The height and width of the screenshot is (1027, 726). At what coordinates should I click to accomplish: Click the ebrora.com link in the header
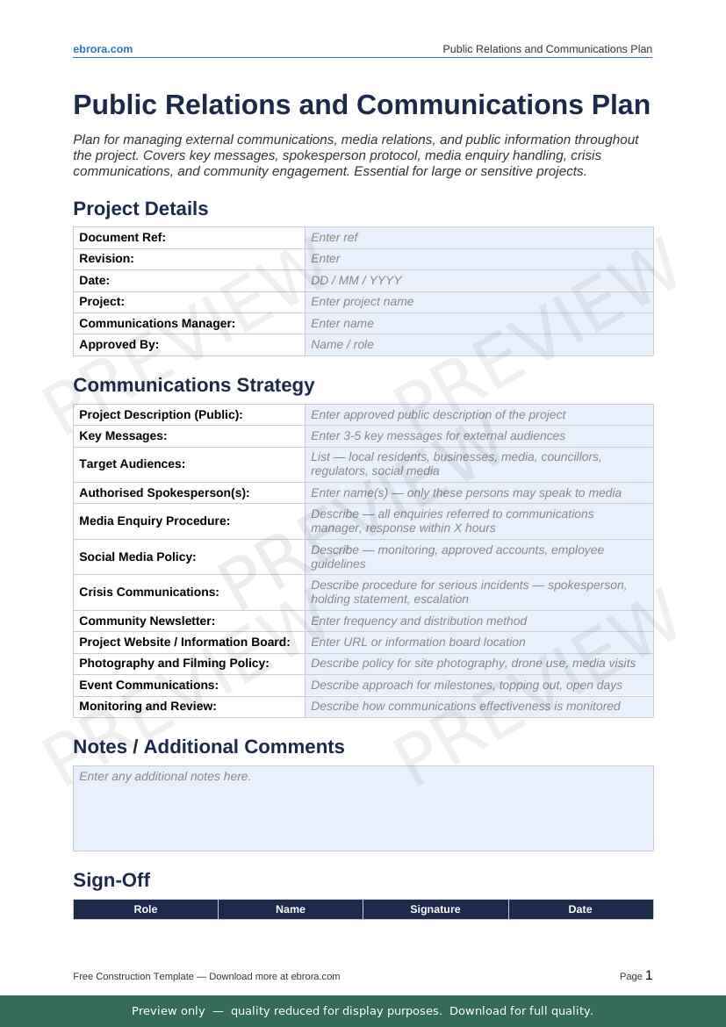tap(103, 49)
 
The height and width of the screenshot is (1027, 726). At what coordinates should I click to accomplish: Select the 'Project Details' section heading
tap(140, 209)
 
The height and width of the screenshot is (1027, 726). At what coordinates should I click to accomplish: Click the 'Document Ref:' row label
tap(122, 238)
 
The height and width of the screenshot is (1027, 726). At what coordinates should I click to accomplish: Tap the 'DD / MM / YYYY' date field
tap(356, 281)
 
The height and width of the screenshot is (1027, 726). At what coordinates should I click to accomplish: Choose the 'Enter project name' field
tap(362, 302)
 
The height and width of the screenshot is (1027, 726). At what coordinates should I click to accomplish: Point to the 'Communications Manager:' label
tap(157, 324)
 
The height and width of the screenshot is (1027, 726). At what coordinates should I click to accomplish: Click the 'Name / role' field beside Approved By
tap(342, 345)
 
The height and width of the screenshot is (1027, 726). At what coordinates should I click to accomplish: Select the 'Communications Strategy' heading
tap(193, 385)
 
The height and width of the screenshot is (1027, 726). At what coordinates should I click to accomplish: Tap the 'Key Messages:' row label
tap(123, 436)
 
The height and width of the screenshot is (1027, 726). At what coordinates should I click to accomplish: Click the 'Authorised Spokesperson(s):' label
tap(164, 493)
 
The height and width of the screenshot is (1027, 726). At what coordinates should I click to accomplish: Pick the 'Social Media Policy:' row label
tap(137, 557)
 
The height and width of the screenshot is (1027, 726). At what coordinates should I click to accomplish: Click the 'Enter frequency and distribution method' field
tap(419, 621)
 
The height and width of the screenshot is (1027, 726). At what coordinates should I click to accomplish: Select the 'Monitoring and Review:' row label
tap(147, 707)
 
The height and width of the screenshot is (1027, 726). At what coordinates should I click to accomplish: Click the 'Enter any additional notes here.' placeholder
tap(165, 777)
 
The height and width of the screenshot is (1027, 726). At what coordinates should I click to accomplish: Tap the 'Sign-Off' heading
tap(111, 880)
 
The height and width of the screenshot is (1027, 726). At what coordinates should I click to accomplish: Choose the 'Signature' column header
tap(435, 909)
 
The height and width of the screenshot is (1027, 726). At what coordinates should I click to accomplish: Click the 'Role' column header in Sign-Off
tap(146, 909)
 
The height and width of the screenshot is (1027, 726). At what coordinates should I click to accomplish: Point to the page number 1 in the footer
tap(649, 975)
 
